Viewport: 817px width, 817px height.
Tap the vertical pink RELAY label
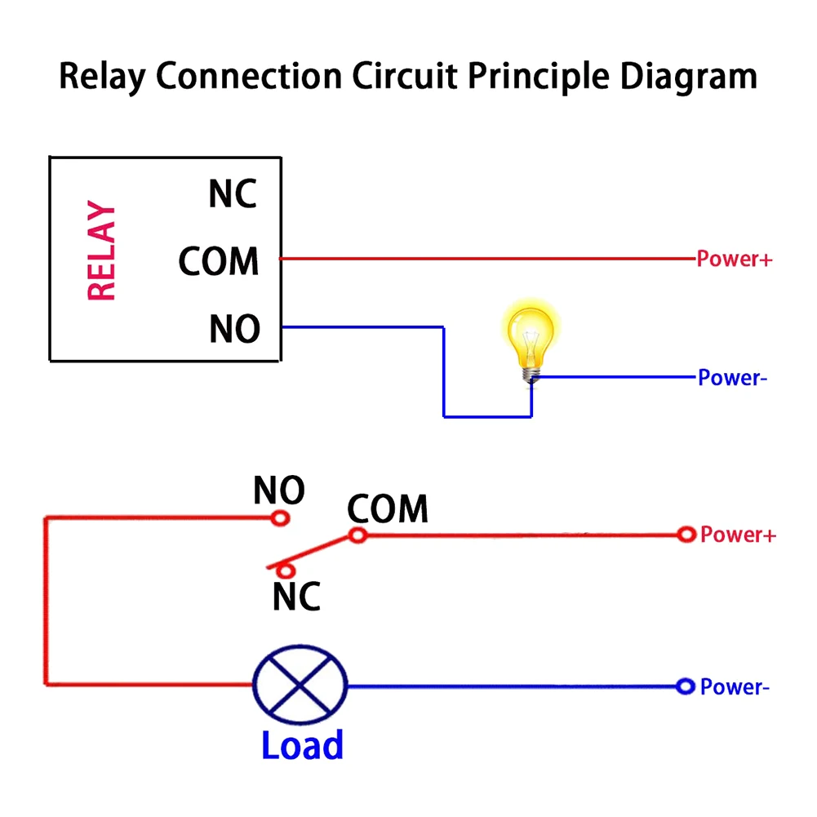tap(101, 252)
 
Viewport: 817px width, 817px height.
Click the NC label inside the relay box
tap(233, 195)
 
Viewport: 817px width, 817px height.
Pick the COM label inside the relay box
tap(219, 262)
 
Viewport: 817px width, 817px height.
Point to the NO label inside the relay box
tap(234, 329)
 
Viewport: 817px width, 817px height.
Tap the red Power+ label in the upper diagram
tap(734, 260)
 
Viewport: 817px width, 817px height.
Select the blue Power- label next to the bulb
tap(732, 378)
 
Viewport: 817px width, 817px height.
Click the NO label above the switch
tap(278, 491)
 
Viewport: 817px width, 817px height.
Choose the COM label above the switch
tap(388, 509)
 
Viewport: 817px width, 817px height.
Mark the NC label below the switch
tap(296, 598)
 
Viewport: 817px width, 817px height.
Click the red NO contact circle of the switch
tap(280, 518)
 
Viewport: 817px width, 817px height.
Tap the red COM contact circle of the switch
tap(357, 535)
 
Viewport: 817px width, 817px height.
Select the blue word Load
tap(302, 746)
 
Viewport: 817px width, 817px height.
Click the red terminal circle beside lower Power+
tap(686, 535)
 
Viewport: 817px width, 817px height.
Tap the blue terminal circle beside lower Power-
tap(686, 686)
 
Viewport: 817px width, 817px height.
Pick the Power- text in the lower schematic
tap(735, 687)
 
